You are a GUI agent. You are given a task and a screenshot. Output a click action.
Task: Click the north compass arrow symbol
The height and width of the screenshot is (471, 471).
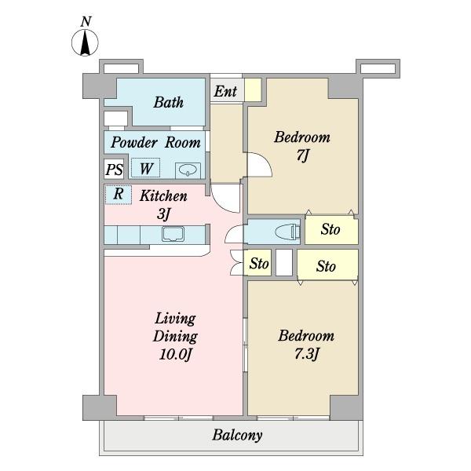click(85, 42)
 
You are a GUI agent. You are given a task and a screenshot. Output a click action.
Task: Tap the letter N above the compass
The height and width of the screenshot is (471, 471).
click(86, 22)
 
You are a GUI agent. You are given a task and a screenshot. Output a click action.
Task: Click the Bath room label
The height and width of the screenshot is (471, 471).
click(169, 102)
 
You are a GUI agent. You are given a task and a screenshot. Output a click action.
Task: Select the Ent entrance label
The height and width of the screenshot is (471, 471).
click(225, 91)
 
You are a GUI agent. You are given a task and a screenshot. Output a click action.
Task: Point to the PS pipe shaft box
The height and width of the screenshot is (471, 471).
click(114, 170)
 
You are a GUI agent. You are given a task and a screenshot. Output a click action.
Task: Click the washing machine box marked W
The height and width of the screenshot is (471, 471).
click(146, 168)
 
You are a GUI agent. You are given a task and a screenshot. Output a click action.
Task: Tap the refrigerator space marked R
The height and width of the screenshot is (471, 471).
click(119, 195)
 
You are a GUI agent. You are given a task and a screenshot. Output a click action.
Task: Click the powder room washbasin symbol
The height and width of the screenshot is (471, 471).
click(188, 170)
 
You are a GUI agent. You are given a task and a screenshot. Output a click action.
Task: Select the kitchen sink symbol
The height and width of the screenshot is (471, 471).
click(173, 234)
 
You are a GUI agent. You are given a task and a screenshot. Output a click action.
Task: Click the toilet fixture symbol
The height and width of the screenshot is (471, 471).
click(287, 232)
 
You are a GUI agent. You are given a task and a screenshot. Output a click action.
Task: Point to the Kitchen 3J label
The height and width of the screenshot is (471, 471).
click(163, 205)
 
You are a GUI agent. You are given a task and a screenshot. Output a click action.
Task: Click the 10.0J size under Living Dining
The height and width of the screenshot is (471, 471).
click(175, 355)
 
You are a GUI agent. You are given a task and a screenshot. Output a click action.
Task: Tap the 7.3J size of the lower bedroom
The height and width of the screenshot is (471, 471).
click(306, 354)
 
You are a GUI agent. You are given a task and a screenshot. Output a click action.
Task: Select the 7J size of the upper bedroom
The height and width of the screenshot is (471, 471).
click(302, 155)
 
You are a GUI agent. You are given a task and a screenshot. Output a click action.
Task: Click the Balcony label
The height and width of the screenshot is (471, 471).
click(237, 435)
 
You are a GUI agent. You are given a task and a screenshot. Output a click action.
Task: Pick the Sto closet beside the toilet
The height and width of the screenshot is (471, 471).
click(331, 230)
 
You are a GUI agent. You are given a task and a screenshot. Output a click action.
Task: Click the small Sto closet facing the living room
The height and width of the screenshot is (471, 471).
click(257, 263)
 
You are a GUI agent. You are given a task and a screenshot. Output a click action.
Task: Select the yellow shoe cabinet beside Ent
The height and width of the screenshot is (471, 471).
click(253, 89)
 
